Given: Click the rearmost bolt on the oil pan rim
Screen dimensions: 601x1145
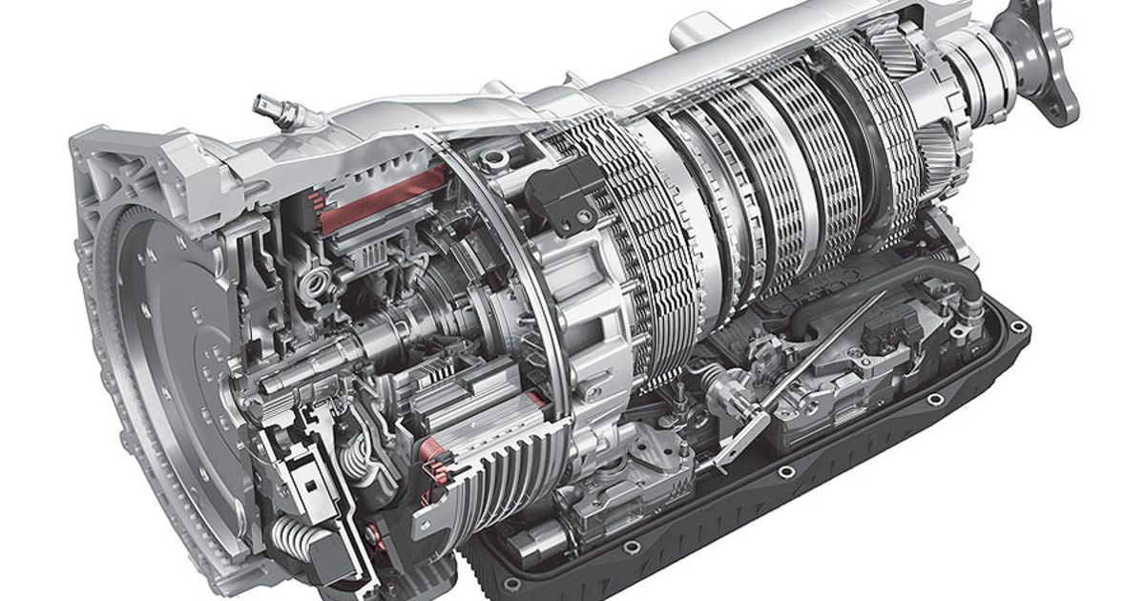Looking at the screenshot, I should point(1019,327).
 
